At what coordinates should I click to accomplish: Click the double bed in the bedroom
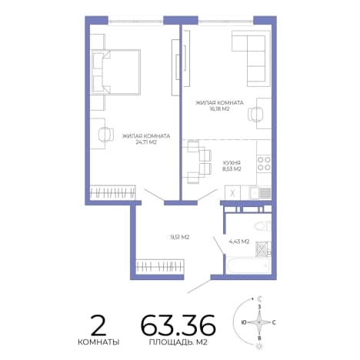point(116,72)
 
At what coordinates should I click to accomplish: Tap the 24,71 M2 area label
point(146,142)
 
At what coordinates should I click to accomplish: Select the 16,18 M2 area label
point(219,108)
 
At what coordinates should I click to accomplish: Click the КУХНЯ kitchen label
point(232,163)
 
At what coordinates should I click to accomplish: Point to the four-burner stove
point(264,164)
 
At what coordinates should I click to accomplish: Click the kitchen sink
point(259,192)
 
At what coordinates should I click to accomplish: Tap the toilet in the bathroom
point(262,226)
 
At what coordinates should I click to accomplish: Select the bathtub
point(248,265)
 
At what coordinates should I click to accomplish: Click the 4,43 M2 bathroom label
point(238,242)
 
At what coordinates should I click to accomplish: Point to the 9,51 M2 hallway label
point(180,237)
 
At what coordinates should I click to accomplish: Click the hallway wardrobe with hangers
point(160,267)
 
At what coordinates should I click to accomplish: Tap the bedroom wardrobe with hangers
point(113,192)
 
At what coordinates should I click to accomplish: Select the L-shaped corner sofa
point(252,58)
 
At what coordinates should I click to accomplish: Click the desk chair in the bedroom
point(106,134)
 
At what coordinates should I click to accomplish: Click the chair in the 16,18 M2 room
point(255,114)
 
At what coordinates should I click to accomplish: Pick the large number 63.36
point(178,325)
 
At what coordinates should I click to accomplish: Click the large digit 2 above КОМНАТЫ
point(98,325)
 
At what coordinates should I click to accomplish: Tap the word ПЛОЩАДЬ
point(168,342)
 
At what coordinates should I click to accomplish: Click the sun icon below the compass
point(259,347)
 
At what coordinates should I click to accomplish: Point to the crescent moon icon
point(260,298)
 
